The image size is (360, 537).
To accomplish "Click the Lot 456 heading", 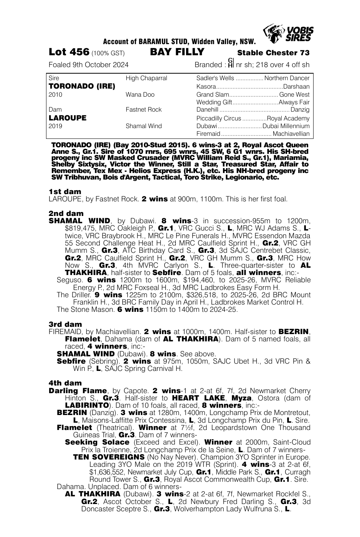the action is coord(69,52).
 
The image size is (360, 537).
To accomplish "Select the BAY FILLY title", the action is coord(177,52).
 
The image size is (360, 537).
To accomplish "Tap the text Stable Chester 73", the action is coord(273,53).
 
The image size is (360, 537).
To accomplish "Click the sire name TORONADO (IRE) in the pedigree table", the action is coord(82,86).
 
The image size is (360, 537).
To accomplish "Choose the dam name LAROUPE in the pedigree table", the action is coord(68,118).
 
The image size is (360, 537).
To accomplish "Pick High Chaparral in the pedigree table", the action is coord(146,78).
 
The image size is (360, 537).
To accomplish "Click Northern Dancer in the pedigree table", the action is coord(287,78).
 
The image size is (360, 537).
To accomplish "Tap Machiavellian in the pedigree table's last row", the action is coord(291,134).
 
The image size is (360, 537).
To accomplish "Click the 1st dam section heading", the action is coord(65,191).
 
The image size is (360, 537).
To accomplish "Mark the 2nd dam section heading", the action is coord(66,213).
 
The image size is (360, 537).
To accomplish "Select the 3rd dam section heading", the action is coord(66,324).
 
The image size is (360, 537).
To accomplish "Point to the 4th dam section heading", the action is coord(65,383).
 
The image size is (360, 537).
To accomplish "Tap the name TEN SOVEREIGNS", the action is coord(109,457).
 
